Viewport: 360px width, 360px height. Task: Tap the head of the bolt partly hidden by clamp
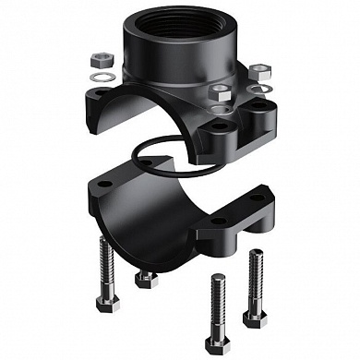(143, 276)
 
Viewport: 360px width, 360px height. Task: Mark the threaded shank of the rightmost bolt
(253, 282)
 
